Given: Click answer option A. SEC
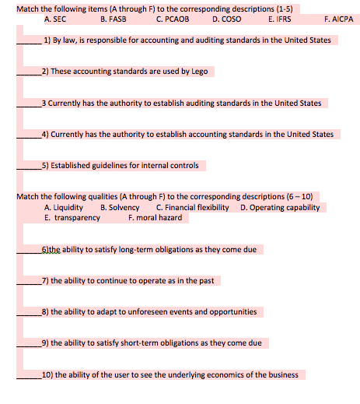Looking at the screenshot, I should click(x=55, y=18).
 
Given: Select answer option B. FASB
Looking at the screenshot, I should click(x=114, y=18).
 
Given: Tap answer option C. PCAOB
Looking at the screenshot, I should click(x=173, y=18).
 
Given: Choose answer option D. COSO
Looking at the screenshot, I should click(x=227, y=18).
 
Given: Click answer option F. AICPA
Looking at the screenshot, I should click(x=337, y=18).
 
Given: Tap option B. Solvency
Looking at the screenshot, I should click(x=121, y=208).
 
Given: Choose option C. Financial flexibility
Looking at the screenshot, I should click(x=193, y=208).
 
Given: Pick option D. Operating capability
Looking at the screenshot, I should click(x=280, y=208).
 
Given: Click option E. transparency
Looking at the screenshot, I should click(x=72, y=218).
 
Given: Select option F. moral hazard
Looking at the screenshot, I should click(x=155, y=218).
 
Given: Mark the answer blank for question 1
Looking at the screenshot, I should click(x=30, y=40).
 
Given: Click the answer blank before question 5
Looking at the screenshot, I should click(x=29, y=166).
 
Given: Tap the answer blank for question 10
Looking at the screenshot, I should click(x=29, y=375).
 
